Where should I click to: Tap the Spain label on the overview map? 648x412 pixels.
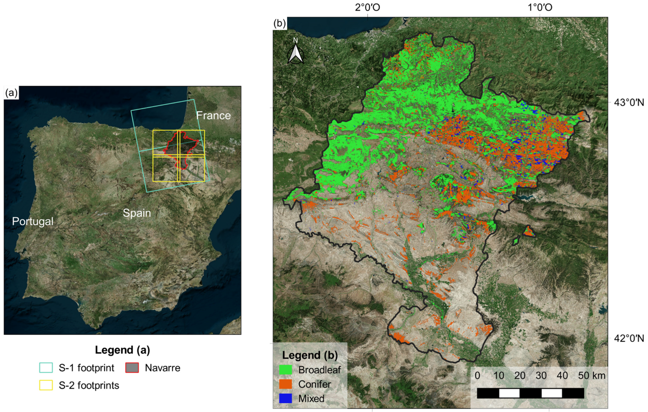(x=137, y=213)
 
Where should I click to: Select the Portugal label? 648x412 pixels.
(x=33, y=221)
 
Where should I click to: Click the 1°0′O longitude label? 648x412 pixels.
(x=540, y=7)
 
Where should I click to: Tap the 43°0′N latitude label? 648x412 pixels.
(x=629, y=102)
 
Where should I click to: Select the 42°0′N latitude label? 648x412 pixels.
(x=629, y=338)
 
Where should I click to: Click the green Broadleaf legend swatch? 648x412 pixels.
(x=285, y=369)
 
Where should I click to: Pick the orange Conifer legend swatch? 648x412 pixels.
(x=285, y=384)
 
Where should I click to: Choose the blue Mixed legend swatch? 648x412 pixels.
(x=285, y=398)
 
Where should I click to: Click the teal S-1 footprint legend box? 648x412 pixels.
(x=46, y=368)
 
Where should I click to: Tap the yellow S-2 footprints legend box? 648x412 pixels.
(x=46, y=385)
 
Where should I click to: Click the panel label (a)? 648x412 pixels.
(x=11, y=93)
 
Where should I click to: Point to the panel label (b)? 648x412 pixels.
(x=280, y=23)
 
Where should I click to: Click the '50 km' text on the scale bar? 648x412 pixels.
(x=592, y=375)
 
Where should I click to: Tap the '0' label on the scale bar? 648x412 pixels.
(x=477, y=375)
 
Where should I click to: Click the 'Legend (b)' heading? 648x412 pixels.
(x=310, y=355)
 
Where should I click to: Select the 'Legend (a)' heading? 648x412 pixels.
(x=122, y=350)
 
